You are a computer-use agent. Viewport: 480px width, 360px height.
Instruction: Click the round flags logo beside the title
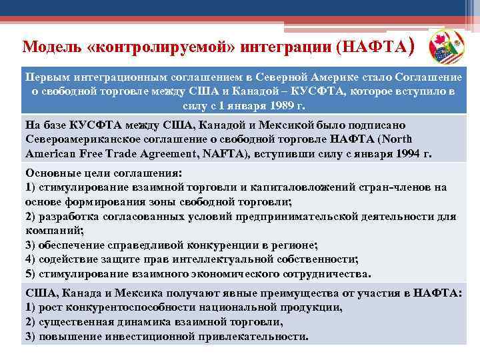pos(448,47)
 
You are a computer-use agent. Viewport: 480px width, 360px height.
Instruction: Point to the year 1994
pos(406,153)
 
